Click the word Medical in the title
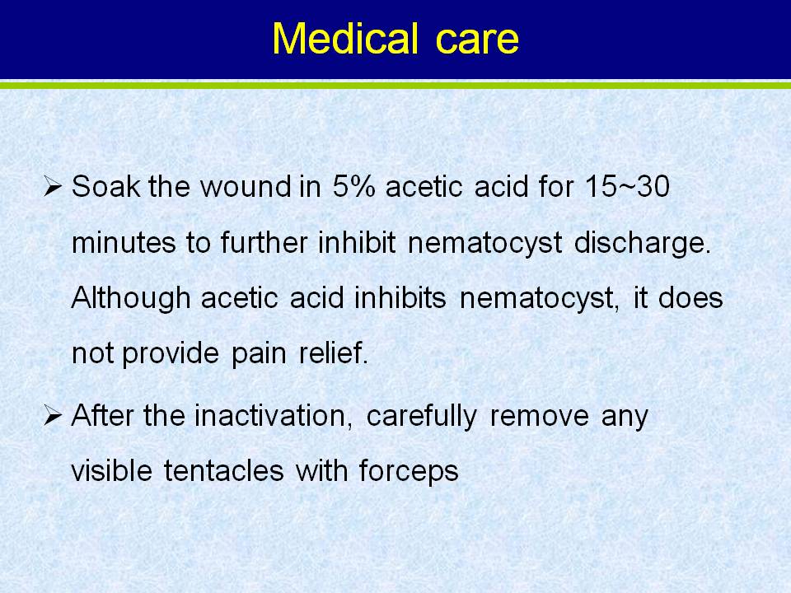pos(345,39)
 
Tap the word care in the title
pos(477,41)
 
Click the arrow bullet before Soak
pos(53,186)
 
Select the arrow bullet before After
pos(53,416)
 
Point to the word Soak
pos(105,186)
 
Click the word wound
pos(246,187)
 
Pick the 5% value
pos(353,186)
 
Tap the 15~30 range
pos(627,186)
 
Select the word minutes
pos(124,242)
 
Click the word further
pos(264,242)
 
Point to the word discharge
pos(643,244)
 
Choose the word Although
pos(131,298)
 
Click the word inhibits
pos(400,297)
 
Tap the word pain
pos(259,354)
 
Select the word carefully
pos(421,418)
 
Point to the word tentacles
pos(223,471)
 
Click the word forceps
pos(409,473)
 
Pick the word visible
pos(111,471)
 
